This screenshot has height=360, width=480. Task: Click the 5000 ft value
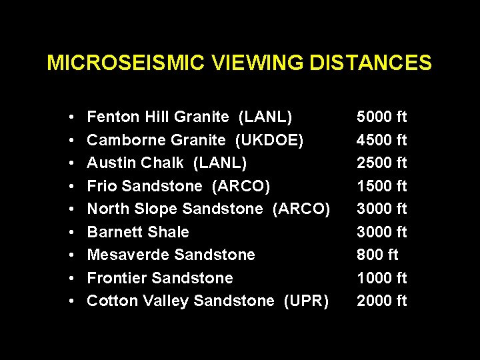[381, 117]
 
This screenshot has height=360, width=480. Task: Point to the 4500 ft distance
[381, 140]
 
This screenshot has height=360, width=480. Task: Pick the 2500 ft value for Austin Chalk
[381, 163]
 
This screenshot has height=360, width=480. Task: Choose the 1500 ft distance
[381, 186]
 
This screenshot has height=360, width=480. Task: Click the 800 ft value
[377, 255]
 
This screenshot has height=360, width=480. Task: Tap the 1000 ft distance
[381, 277]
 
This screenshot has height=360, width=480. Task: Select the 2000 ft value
[381, 301]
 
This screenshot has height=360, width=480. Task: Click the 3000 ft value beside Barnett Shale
[381, 232]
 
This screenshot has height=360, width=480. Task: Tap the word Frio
[101, 186]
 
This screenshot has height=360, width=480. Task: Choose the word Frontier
[117, 277]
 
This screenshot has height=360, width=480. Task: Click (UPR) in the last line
[306, 301]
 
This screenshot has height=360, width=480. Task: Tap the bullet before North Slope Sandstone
[71, 209]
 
